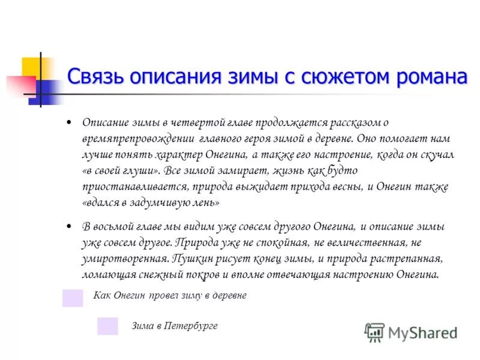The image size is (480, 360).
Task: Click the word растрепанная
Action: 411,259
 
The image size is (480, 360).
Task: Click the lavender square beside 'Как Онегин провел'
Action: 73,298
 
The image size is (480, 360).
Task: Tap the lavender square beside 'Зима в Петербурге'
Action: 107,326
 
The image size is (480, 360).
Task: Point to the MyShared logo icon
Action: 374,332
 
